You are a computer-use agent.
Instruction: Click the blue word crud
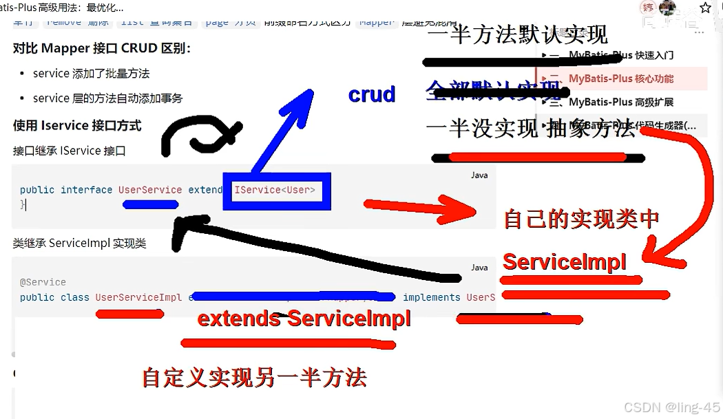pos(372,94)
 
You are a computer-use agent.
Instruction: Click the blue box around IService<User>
pos(276,191)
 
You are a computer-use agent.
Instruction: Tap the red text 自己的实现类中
pos(581,219)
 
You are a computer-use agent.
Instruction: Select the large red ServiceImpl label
pos(565,262)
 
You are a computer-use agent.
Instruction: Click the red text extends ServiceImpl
pos(304,319)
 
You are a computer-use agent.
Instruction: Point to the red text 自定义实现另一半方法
pos(254,377)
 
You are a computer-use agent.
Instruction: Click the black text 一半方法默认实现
pos(517,34)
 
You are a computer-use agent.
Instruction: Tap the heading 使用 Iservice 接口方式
pos(77,125)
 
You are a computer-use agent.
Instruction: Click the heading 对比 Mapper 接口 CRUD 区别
pos(102,49)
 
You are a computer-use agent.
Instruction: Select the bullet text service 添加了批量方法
pos(91,74)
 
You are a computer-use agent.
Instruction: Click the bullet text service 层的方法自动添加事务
pos(107,98)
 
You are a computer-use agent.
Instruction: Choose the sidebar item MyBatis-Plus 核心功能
pos(620,78)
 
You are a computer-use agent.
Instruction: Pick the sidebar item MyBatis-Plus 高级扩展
pos(620,102)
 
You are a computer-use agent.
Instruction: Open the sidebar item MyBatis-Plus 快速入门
pos(620,55)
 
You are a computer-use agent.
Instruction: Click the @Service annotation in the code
pos(43,282)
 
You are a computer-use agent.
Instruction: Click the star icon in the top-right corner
pos(705,8)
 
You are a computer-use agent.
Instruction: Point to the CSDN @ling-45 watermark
pos(672,407)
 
